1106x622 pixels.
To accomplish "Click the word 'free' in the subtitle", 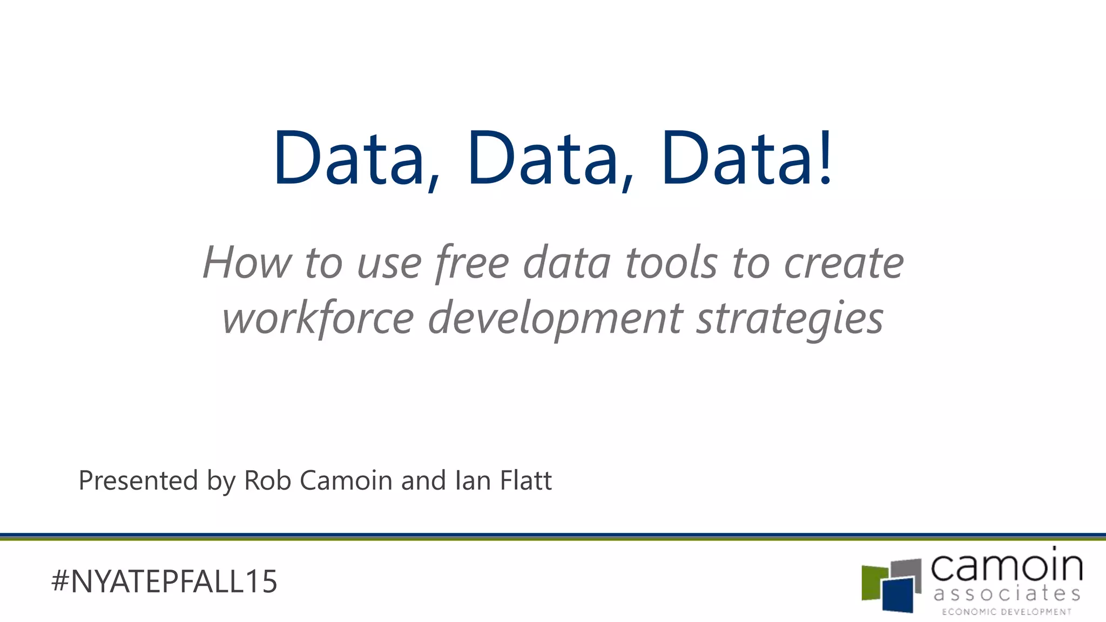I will tap(472, 263).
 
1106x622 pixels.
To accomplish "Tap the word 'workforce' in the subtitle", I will tap(318, 319).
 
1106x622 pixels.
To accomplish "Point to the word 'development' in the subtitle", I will tap(555, 319).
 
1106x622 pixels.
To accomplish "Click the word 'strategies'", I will tap(790, 319).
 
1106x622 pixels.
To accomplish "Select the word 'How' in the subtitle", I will tap(247, 263).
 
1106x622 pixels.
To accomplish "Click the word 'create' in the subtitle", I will tap(844, 263).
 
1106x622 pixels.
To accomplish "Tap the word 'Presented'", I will tap(138, 481).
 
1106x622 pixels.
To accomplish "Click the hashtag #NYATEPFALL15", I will tap(164, 582).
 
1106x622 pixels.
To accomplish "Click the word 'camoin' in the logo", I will tap(1007, 567).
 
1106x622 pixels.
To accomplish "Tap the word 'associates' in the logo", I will tap(1007, 594).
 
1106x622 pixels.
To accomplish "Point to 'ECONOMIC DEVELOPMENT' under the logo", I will tap(1007, 612).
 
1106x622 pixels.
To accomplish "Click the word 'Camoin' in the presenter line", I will tap(346, 481).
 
